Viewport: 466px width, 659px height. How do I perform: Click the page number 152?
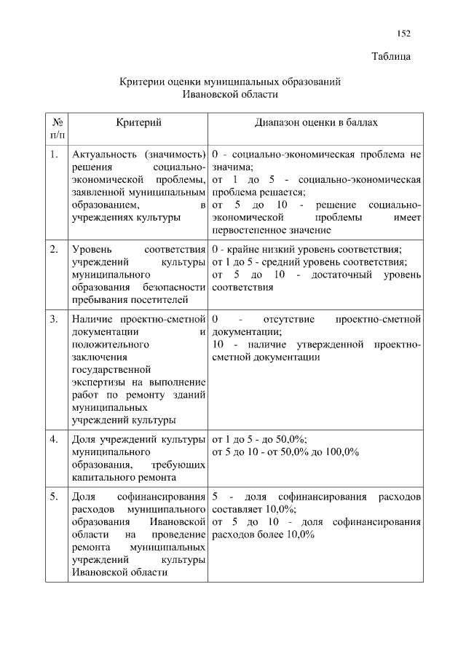point(404,33)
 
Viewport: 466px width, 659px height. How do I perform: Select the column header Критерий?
point(138,123)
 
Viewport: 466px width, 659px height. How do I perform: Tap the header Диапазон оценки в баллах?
point(316,123)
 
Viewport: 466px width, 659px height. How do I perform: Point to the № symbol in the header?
point(57,123)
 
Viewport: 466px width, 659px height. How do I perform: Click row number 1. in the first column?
point(55,155)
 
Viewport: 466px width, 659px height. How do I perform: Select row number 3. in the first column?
point(55,319)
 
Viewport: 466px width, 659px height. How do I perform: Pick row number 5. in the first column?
point(55,497)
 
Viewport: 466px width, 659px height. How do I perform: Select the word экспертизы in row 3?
point(97,382)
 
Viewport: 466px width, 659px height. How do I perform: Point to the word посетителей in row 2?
point(159,299)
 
